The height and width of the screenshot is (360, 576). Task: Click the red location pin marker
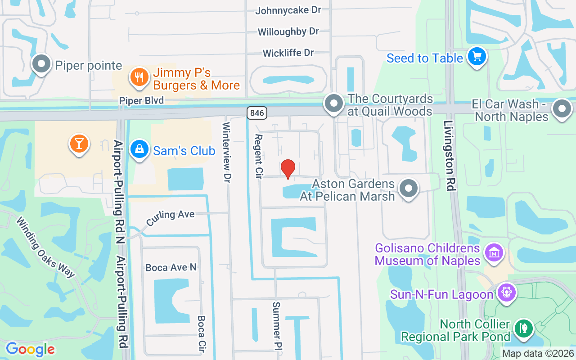coord(288,169)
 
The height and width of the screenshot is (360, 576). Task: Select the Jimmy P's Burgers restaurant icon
coord(139,77)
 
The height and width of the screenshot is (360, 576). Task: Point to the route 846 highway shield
coord(256,112)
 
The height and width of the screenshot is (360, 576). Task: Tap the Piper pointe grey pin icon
coord(41,64)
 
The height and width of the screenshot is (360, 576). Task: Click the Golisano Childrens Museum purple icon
coord(494,253)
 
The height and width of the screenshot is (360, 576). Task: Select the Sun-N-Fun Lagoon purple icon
coord(507,293)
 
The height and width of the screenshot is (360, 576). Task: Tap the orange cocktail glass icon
coord(79,144)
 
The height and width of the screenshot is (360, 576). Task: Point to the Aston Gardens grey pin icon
coord(409,189)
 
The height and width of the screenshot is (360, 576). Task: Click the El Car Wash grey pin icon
coord(562,109)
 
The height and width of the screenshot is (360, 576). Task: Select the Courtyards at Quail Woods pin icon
coord(334,103)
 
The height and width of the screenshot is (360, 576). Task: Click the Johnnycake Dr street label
coord(288,10)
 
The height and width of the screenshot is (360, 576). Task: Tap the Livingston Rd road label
coord(449,155)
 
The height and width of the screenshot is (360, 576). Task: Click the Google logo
coord(30,349)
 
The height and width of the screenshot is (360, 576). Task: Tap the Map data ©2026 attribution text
coord(538,353)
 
